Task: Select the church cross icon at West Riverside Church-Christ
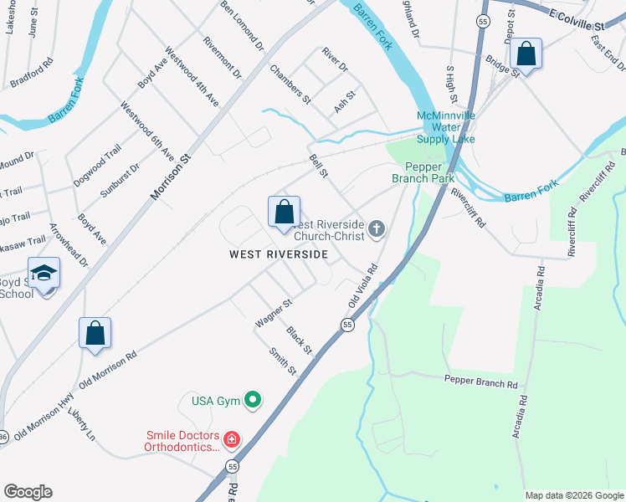point(377,228)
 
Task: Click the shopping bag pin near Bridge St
point(526,54)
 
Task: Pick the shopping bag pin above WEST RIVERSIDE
point(284,213)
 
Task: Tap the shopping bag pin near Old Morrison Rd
point(95,333)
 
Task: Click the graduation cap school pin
point(44,274)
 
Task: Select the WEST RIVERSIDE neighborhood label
point(274,254)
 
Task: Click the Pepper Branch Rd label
point(481,382)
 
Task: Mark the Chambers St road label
point(290,84)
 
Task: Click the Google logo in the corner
point(28,492)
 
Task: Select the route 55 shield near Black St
point(346,325)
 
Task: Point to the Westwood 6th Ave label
point(146,131)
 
